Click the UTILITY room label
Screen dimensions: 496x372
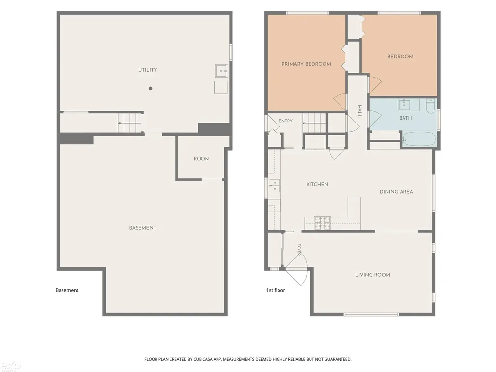coord(148,70)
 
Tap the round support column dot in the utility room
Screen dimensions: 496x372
coord(151,88)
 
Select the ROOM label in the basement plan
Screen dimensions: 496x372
coord(201,159)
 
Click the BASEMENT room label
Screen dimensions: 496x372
coord(143,228)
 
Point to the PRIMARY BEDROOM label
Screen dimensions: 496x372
coord(306,64)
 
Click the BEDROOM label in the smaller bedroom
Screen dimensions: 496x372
coord(401,57)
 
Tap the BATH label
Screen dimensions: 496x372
coord(405,118)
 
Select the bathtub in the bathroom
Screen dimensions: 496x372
coord(419,139)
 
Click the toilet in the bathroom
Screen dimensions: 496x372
coord(431,106)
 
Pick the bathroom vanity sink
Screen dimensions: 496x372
coord(404,105)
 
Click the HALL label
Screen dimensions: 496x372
coord(359,111)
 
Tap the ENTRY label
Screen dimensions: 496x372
coord(286,121)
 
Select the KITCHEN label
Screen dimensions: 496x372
coord(317,184)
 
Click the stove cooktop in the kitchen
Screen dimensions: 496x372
coord(322,223)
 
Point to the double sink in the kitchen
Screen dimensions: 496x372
coord(275,186)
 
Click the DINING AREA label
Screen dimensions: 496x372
coord(396,192)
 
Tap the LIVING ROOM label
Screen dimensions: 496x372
coord(372,275)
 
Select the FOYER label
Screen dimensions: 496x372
coord(299,249)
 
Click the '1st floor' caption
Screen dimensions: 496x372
coord(276,290)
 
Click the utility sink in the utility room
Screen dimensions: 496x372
coord(221,71)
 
